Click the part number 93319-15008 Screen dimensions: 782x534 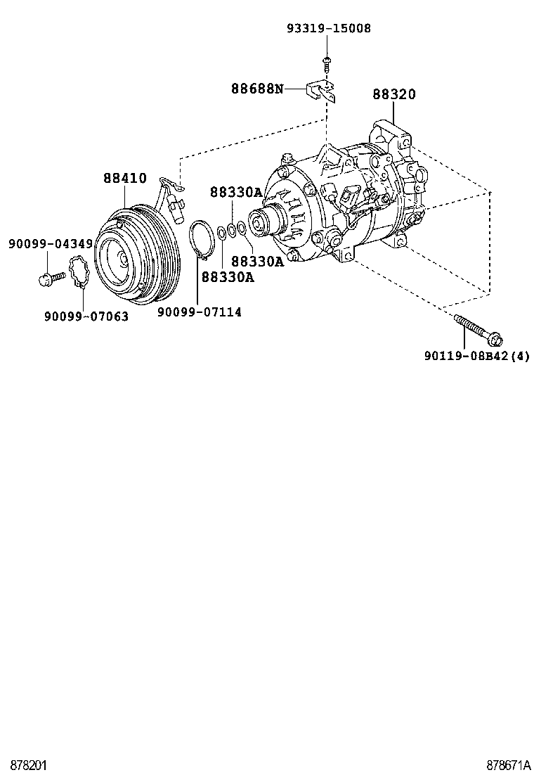[328, 28]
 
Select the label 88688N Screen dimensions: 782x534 [258, 89]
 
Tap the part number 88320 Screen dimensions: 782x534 [394, 94]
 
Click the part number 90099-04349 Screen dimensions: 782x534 [51, 244]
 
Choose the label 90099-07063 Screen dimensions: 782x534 [86, 316]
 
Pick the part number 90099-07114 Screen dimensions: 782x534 [199, 312]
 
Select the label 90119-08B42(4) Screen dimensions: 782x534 [476, 356]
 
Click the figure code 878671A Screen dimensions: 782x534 [507, 765]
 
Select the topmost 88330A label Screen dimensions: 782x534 [235, 192]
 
